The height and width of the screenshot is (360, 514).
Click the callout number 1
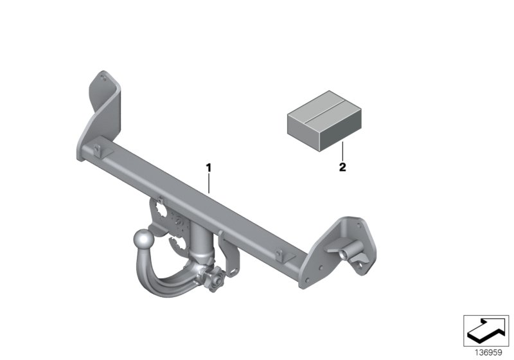click(208, 168)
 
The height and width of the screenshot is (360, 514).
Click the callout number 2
click(342, 168)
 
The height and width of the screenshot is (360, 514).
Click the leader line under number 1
click(209, 183)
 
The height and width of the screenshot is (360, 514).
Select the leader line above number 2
click(342, 152)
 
